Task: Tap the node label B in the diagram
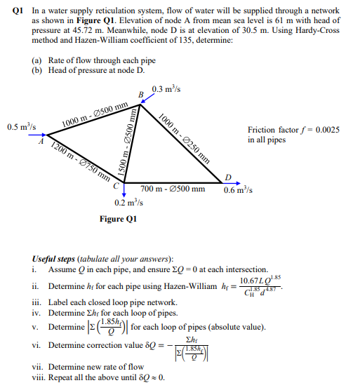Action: coord(140,95)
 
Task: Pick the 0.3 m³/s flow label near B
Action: coord(166,89)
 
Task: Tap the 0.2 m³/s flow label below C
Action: coord(128,203)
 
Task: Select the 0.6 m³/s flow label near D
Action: coord(239,189)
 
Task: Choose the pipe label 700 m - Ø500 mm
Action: coord(173,189)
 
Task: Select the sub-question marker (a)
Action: coord(36,60)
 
